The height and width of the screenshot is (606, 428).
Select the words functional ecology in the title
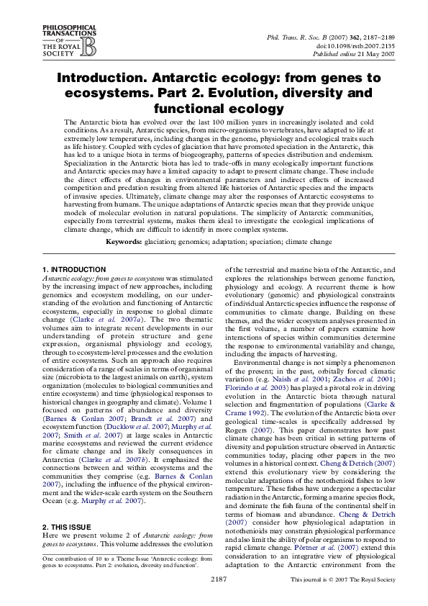tap(213, 109)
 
